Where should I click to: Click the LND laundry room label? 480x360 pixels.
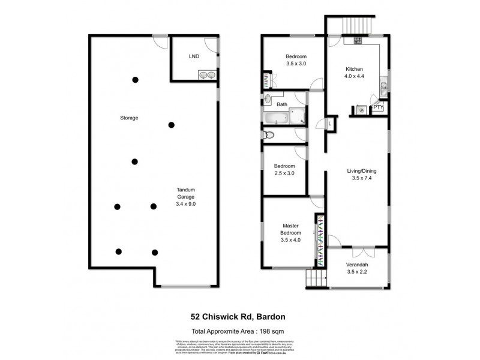[194, 57]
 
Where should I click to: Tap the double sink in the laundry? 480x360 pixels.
[207, 75]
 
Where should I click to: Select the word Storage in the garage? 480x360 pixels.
[128, 118]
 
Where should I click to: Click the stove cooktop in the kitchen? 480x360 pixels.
[358, 41]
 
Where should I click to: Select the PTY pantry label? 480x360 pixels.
[378, 108]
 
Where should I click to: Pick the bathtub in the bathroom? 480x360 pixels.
[278, 118]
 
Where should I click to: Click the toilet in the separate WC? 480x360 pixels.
[269, 135]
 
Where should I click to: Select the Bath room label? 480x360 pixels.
[281, 105]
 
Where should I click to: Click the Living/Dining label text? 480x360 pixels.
[362, 170]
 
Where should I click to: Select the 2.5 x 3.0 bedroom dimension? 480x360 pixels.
[284, 173]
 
